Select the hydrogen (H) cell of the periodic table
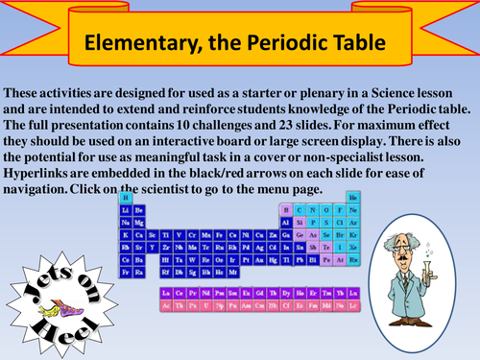126,197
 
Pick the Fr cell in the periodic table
126,273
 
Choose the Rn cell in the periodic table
352,260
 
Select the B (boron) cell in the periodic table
285,209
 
